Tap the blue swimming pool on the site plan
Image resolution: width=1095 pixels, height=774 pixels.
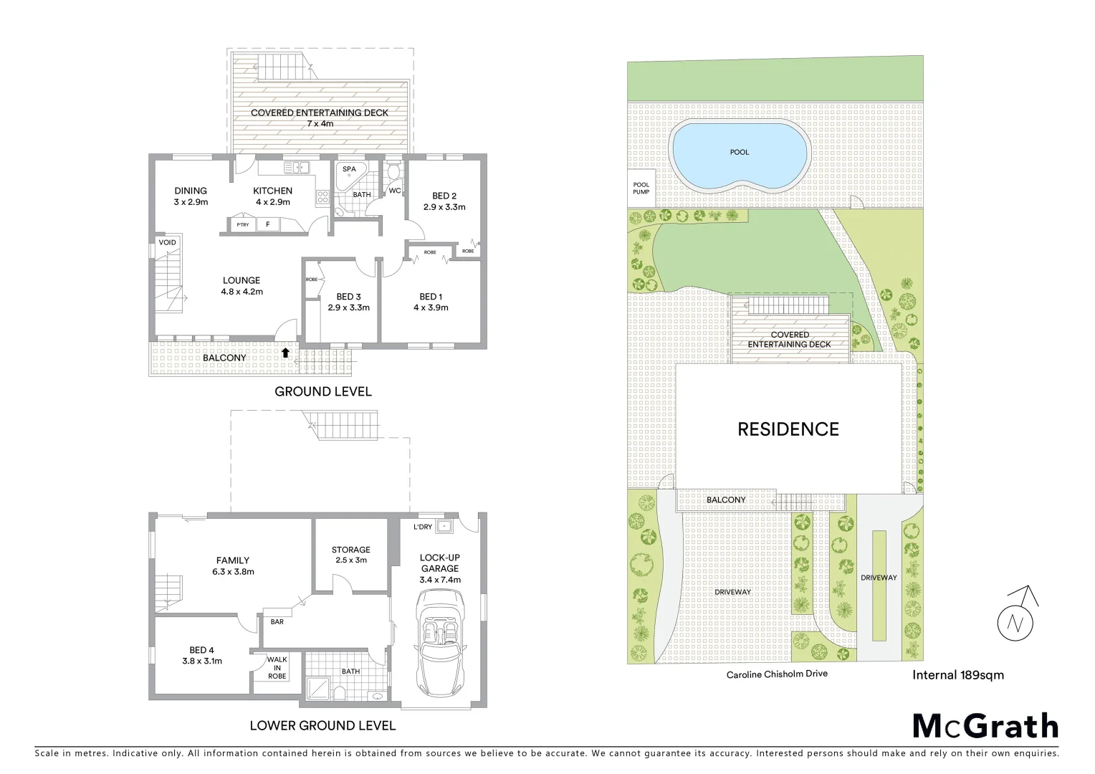click(x=740, y=156)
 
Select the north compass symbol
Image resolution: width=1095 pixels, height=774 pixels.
click(x=1016, y=616)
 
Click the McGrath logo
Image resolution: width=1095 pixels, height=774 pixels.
click(x=985, y=726)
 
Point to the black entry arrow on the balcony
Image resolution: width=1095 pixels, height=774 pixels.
click(x=286, y=352)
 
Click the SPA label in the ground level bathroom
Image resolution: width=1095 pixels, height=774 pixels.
click(x=349, y=169)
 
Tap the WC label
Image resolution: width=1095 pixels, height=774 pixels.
click(x=395, y=191)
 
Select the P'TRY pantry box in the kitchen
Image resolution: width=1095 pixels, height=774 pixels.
click(x=243, y=225)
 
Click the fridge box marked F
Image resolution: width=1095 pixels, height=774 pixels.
click(x=268, y=225)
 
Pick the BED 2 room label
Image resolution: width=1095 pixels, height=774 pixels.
click(x=444, y=196)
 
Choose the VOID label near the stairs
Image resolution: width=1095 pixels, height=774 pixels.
click(x=168, y=242)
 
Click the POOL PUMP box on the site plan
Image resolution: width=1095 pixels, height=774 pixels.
click(x=641, y=188)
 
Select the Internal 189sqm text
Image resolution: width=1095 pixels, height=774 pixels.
click(x=957, y=674)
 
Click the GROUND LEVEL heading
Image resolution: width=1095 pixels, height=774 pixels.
click(x=323, y=391)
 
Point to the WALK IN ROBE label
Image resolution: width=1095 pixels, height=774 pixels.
click(x=277, y=668)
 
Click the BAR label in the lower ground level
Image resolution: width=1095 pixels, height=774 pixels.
click(x=277, y=621)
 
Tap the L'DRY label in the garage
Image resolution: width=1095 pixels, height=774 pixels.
click(x=423, y=527)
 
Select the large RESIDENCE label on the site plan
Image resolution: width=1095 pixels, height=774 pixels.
click(x=788, y=429)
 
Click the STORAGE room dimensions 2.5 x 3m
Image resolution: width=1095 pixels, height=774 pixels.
click(x=351, y=560)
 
